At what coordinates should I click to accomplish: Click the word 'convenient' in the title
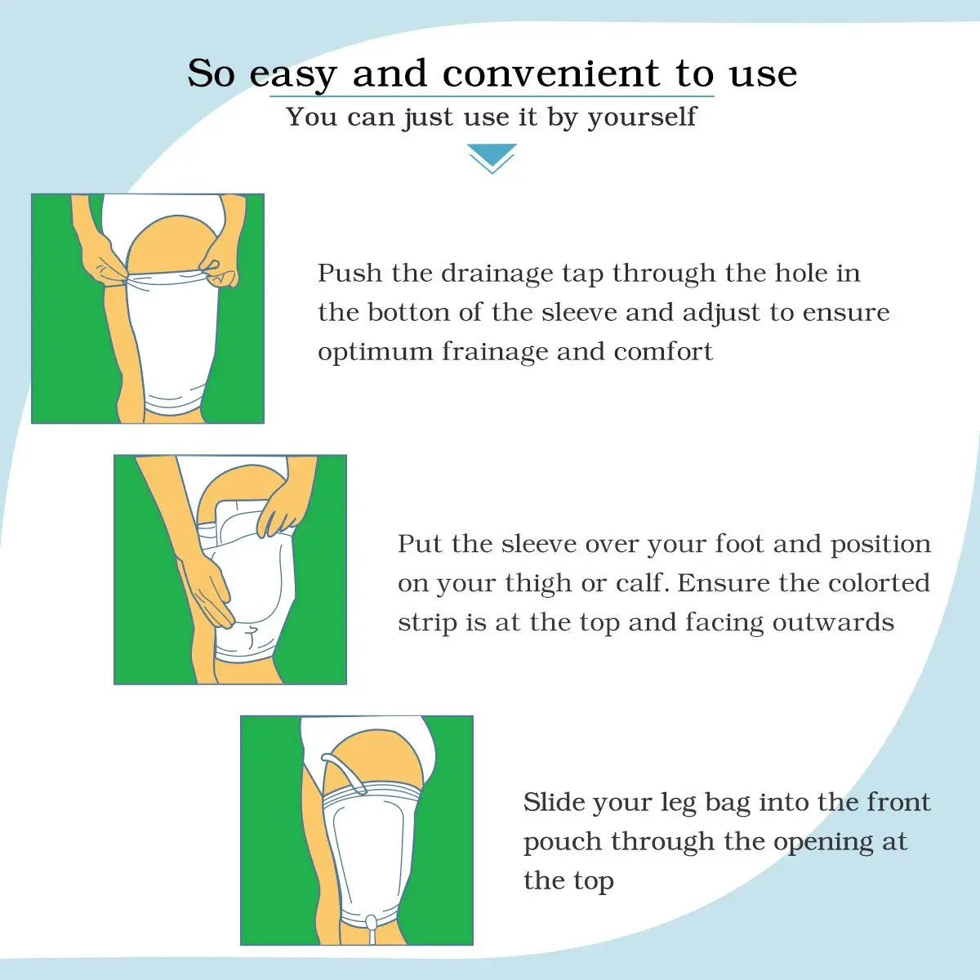pyautogui.click(x=550, y=73)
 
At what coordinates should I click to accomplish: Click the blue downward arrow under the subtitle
pyautogui.click(x=492, y=158)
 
